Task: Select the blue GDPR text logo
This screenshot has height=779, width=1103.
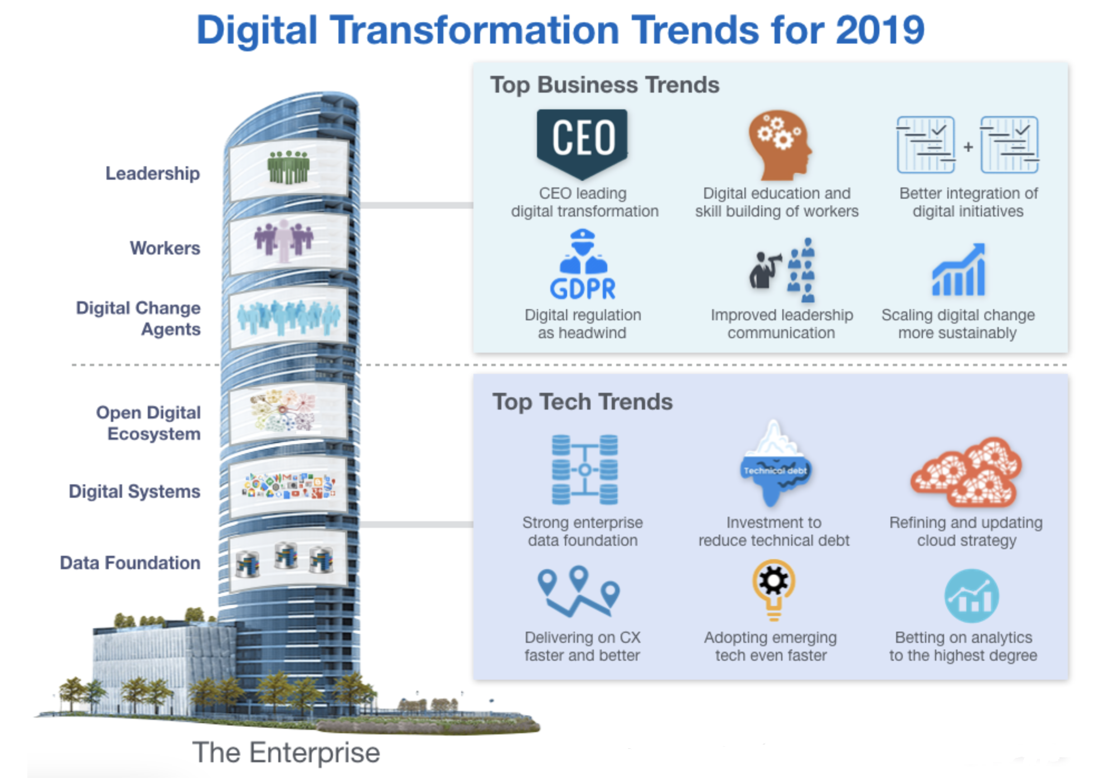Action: click(x=583, y=288)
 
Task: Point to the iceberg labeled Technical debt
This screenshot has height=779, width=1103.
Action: click(x=775, y=463)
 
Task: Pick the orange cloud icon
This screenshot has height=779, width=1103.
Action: click(x=966, y=472)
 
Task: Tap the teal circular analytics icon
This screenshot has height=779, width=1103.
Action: click(x=971, y=595)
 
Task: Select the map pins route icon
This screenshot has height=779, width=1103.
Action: click(x=579, y=592)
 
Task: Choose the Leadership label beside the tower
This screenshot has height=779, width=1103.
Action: click(x=153, y=174)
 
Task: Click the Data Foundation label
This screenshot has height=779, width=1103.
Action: click(x=130, y=562)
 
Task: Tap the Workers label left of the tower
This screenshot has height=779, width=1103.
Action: click(x=165, y=248)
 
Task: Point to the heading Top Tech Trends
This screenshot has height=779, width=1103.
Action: click(x=583, y=402)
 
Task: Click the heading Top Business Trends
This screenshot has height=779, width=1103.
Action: click(x=605, y=85)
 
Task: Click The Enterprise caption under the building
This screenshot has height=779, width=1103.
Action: click(x=286, y=752)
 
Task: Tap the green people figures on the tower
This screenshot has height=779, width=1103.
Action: click(x=288, y=167)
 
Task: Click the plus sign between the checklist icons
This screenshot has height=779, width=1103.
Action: click(x=968, y=147)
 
